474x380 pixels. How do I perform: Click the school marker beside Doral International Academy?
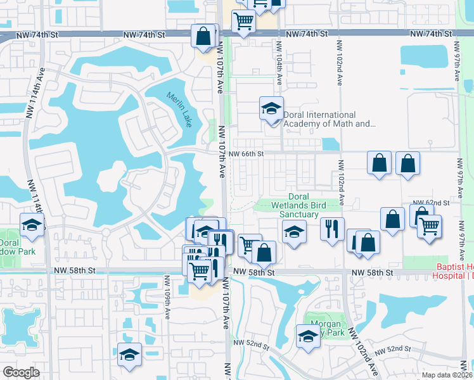click(x=271, y=109)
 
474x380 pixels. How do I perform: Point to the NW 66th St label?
click(x=246, y=154)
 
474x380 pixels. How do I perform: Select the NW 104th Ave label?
click(x=278, y=63)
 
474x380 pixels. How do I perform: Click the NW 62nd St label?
click(x=437, y=203)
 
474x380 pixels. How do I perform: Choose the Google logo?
click(x=21, y=372)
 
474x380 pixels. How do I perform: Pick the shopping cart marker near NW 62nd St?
click(x=429, y=225)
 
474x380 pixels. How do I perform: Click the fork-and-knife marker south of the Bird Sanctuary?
click(x=332, y=229)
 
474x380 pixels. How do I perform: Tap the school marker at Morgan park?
click(x=308, y=336)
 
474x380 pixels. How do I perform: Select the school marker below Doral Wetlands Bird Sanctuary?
click(x=294, y=232)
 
